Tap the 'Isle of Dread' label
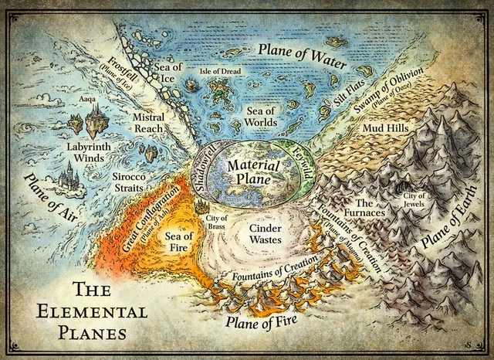(x=222, y=71)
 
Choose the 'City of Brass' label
(x=216, y=223)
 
